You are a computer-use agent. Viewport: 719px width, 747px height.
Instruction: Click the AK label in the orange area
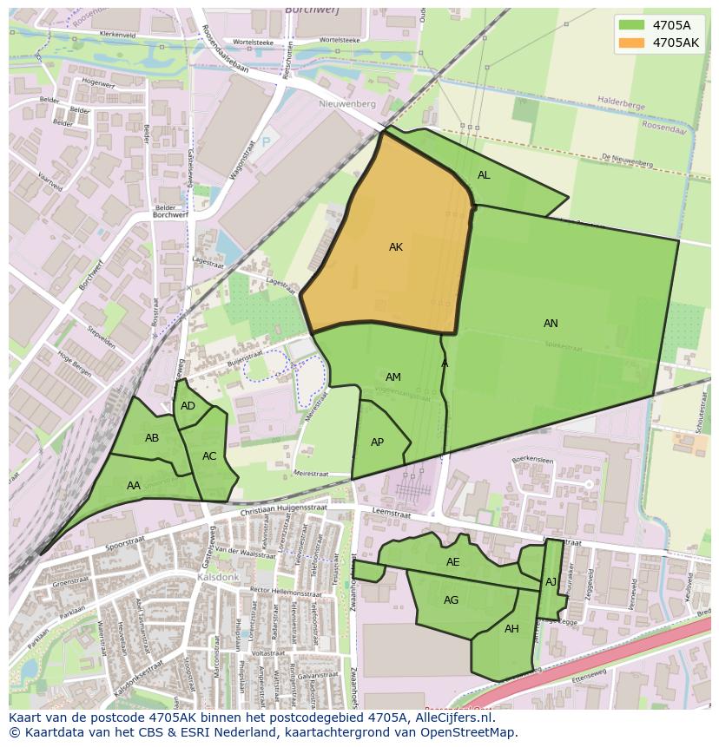pyautogui.click(x=396, y=247)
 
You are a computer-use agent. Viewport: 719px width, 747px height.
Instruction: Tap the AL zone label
pyautogui.click(x=484, y=175)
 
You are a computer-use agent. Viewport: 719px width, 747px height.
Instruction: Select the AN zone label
pyautogui.click(x=551, y=324)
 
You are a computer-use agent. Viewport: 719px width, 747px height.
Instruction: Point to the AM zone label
pyautogui.click(x=393, y=377)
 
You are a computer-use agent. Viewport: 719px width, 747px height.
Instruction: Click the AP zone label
pyautogui.click(x=377, y=442)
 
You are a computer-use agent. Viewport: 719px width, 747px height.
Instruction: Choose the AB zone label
pyautogui.click(x=152, y=438)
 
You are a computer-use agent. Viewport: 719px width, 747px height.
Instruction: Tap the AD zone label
pyautogui.click(x=188, y=406)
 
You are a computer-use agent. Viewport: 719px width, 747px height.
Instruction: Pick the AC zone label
pyautogui.click(x=209, y=456)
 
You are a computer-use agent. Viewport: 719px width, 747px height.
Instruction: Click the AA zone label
pyautogui.click(x=134, y=486)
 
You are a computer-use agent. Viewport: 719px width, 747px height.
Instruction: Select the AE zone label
pyautogui.click(x=452, y=562)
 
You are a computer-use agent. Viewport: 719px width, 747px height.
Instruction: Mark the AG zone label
pyautogui.click(x=451, y=600)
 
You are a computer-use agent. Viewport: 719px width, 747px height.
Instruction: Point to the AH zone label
pyautogui.click(x=511, y=629)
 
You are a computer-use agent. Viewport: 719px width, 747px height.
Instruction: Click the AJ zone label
pyautogui.click(x=551, y=582)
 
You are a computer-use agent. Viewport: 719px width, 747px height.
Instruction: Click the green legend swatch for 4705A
pyautogui.click(x=631, y=24)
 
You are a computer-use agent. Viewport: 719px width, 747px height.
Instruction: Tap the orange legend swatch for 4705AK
pyautogui.click(x=631, y=43)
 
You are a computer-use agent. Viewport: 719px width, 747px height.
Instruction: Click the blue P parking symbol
pyautogui.click(x=266, y=141)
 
